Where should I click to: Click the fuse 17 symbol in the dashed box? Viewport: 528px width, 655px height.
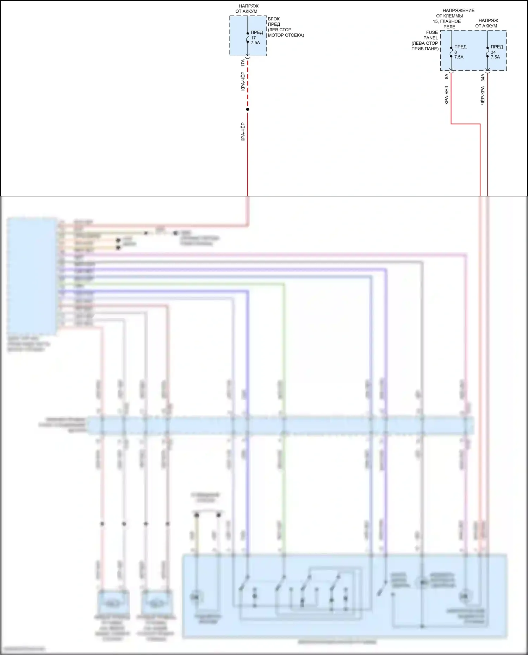tap(248, 38)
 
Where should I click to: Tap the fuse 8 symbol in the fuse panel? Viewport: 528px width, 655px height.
tap(451, 52)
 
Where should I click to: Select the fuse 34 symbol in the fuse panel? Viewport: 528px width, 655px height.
tap(487, 52)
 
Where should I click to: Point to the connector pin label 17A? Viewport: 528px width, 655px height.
tap(243, 63)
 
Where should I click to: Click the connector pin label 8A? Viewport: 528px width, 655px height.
tap(446, 76)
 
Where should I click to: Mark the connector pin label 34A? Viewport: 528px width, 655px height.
tap(483, 77)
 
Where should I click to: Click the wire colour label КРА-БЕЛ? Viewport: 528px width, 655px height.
tap(446, 95)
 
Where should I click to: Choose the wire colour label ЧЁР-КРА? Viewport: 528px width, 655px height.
tap(483, 95)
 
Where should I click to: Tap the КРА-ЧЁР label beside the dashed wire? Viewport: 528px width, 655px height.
tap(243, 81)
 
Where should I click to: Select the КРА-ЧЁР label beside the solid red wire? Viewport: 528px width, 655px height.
tap(243, 132)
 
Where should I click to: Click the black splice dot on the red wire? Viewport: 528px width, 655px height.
tap(248, 109)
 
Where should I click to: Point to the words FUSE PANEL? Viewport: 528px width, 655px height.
tap(431, 35)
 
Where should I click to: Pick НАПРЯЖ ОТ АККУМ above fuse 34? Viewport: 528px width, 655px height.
tap(487, 23)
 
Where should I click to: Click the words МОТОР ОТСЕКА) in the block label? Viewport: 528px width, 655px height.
tap(286, 35)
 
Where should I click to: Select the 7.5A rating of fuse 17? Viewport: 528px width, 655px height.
tap(255, 43)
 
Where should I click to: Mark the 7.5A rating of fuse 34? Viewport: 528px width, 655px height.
tap(495, 57)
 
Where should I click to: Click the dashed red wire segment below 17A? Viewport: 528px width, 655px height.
tap(248, 84)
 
